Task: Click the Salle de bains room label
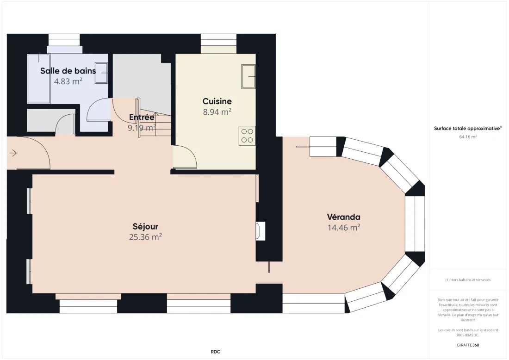coord(68,71)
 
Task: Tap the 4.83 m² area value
coord(68,81)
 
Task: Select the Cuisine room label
coord(217,101)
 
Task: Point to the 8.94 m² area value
coord(217,112)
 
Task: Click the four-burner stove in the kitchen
coord(247,136)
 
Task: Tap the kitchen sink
coord(248,76)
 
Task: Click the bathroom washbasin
coord(101,73)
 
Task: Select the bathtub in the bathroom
coord(39,79)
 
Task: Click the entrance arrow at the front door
coord(13,153)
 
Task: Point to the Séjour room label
coord(145,226)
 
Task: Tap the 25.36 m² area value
coord(145,237)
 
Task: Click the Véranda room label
coord(343,217)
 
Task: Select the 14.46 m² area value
coord(344,227)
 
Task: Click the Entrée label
coord(142,117)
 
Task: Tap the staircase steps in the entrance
coord(159,124)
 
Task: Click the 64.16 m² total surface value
coord(468,137)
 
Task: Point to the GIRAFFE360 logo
coord(468,345)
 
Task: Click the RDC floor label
coord(215,352)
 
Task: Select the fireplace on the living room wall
coord(261,231)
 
